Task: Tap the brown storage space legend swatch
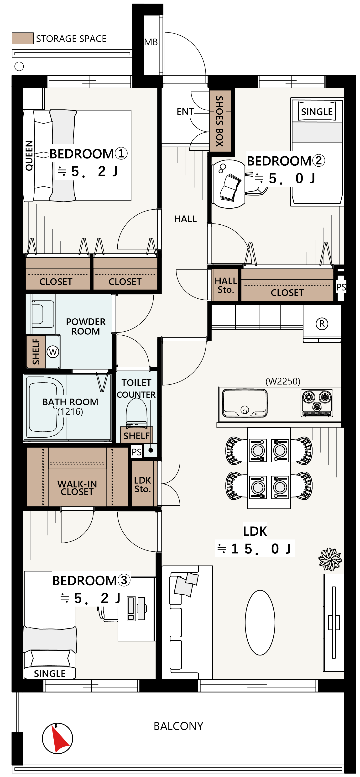(x=23, y=38)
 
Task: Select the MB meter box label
(x=151, y=42)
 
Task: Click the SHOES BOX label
(x=219, y=121)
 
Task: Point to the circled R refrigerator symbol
(x=322, y=324)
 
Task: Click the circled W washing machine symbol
(x=53, y=352)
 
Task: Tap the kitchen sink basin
(x=245, y=402)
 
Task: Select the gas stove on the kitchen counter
(x=317, y=403)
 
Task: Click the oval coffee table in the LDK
(x=260, y=622)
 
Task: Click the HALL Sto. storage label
(x=226, y=285)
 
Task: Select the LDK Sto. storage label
(x=143, y=484)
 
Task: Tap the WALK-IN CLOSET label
(x=77, y=488)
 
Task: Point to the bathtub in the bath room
(x=45, y=407)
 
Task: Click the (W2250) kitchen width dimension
(x=283, y=381)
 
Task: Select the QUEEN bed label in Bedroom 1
(x=29, y=155)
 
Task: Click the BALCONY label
(x=178, y=726)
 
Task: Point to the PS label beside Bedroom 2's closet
(x=341, y=287)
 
